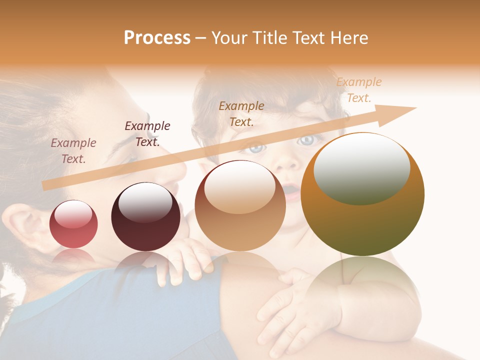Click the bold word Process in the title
tap(157, 38)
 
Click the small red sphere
tap(73, 224)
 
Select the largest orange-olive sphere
tap(362, 195)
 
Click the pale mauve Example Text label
tap(73, 150)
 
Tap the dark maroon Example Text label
tap(147, 133)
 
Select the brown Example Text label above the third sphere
tap(241, 113)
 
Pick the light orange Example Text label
tap(359, 90)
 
